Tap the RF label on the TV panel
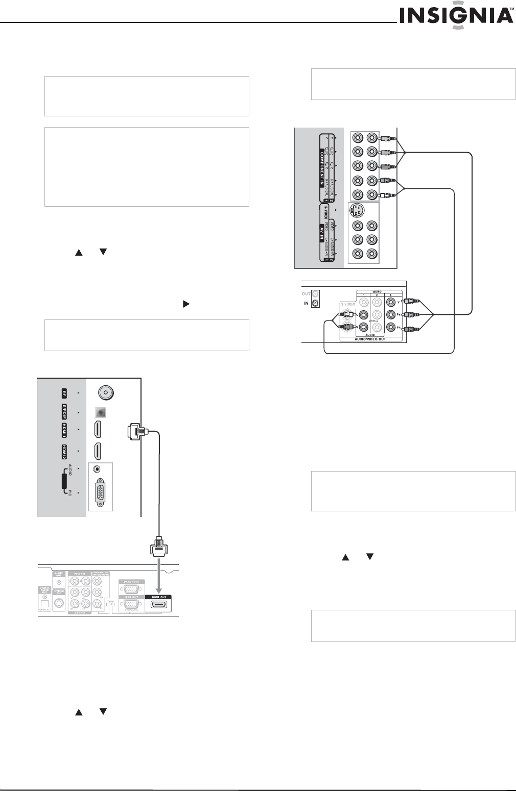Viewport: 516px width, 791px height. click(64, 393)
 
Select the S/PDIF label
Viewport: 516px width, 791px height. click(64, 412)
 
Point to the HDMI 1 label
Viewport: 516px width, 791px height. click(64, 430)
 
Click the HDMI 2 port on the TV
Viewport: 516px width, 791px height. click(97, 451)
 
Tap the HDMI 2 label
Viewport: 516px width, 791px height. click(64, 451)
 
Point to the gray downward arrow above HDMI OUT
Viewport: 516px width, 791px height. click(158, 577)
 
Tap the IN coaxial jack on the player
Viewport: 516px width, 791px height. click(315, 304)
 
